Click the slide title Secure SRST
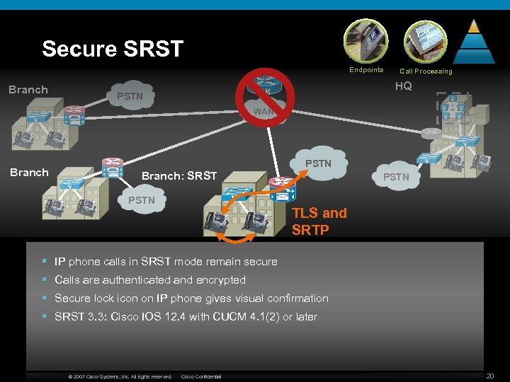point(113,49)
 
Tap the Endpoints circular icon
point(366,41)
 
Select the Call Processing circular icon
point(425,41)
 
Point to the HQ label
point(403,86)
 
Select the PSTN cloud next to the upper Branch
point(130,96)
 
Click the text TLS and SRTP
point(319,221)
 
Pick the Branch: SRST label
point(179,175)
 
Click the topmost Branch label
point(28,90)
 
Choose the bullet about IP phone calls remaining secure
point(166,262)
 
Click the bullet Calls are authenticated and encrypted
point(149,280)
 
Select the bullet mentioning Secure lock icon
point(191,299)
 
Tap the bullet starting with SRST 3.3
point(186,317)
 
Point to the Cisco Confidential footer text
point(201,376)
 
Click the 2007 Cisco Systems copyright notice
point(120,376)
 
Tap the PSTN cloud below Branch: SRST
point(142,201)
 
